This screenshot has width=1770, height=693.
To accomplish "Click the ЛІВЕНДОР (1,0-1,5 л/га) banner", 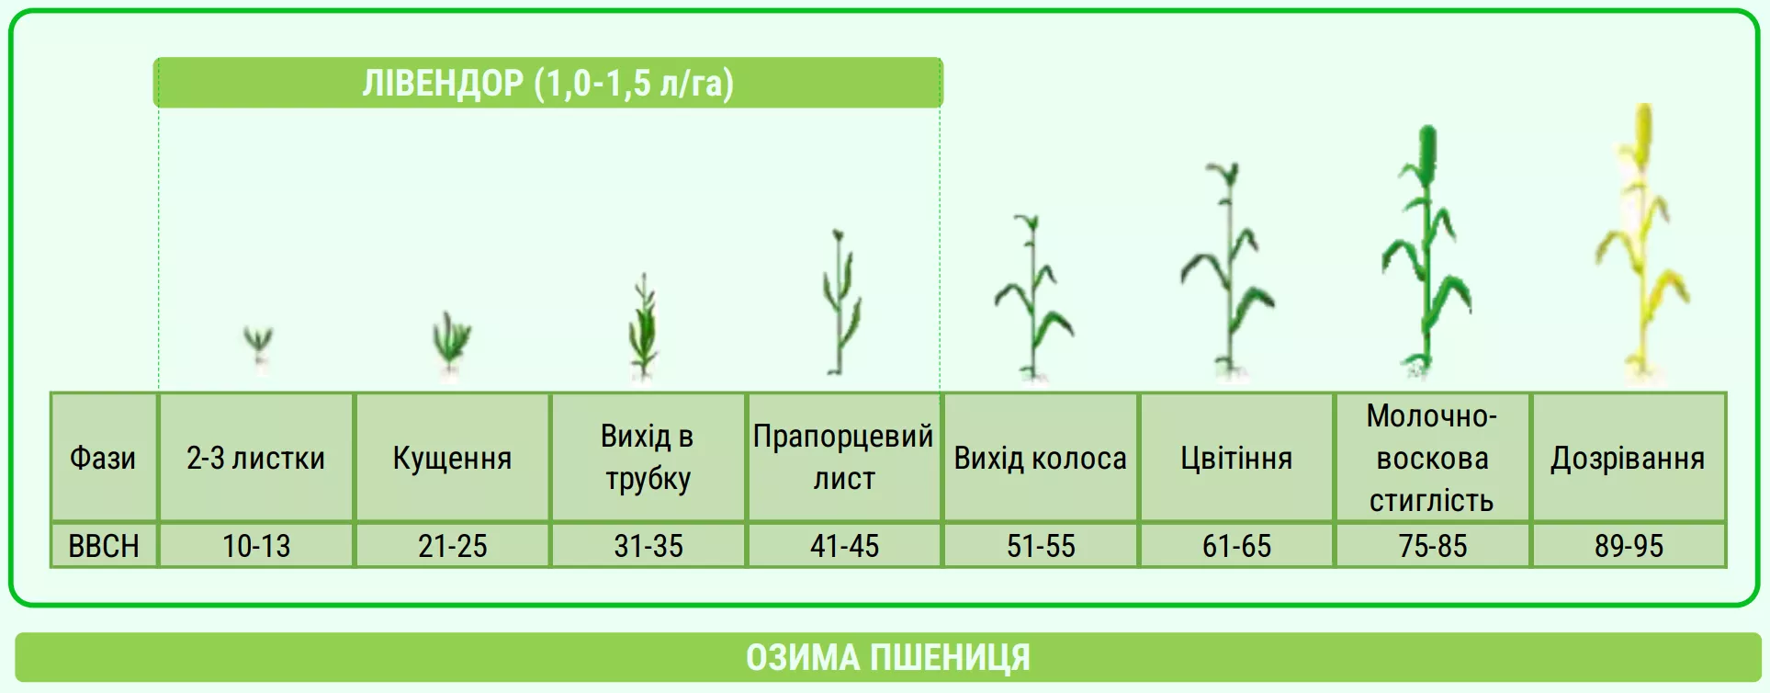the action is coord(547,83).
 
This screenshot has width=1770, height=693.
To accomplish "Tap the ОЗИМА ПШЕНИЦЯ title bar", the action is coord(887,657).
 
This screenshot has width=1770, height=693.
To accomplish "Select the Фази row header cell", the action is coord(103,458).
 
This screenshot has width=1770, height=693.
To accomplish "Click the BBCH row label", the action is coord(103,546).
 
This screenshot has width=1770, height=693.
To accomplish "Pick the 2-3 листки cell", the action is coord(256,458).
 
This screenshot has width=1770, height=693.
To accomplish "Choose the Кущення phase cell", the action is coord(452,458).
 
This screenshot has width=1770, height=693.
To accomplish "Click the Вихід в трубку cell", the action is coord(648,458).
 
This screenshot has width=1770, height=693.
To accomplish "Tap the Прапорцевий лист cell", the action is coord(844,458).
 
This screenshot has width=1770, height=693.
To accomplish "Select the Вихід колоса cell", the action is coord(1041,458).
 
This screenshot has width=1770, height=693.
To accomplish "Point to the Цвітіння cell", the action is coord(1236,458).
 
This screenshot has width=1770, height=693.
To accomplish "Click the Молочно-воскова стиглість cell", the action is coord(1433,458).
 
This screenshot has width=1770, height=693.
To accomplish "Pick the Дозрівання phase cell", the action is coord(1629,458).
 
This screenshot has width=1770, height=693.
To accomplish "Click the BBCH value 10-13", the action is coord(256,546).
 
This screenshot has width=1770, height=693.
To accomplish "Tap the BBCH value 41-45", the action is coord(844,546).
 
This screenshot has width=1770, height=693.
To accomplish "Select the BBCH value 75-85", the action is coord(1433,546).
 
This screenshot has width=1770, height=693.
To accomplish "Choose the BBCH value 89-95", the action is coord(1629,546).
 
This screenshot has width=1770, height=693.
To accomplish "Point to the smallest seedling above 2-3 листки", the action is coord(258,346).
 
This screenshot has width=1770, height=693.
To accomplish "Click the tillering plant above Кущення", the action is coord(451,345).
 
